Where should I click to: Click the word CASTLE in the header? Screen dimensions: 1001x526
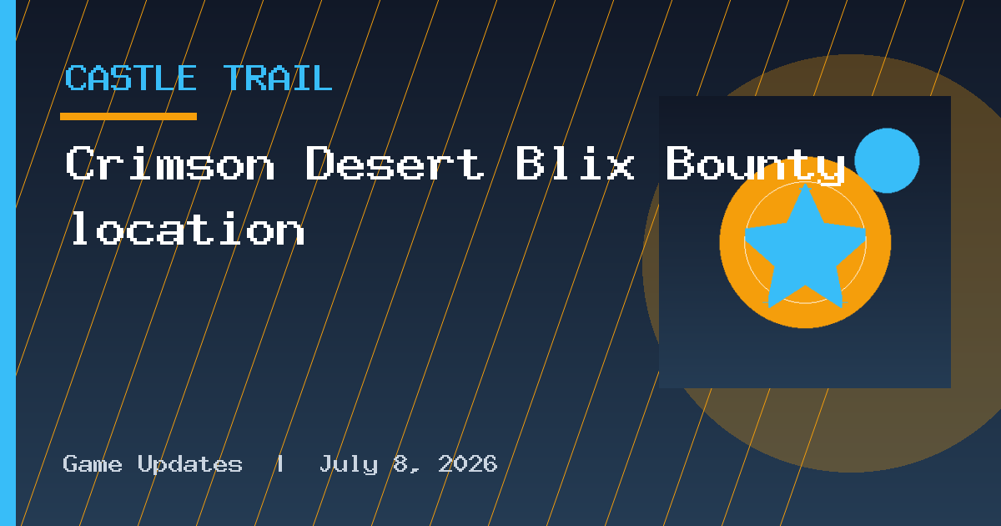130,78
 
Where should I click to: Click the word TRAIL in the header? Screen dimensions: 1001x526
278,78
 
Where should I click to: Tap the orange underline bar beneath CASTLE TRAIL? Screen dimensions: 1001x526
128,116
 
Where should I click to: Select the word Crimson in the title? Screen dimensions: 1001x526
170,164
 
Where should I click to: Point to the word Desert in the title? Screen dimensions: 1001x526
395,164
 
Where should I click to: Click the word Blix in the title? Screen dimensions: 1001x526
575,164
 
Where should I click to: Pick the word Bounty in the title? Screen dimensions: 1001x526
755,165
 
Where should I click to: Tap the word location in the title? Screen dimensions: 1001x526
188,229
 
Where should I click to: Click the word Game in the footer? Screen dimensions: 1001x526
92,464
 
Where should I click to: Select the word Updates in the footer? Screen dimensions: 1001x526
190,465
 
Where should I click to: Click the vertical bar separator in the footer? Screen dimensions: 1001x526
280,464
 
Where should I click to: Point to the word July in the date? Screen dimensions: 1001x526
349,465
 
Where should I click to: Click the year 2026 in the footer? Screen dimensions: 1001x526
467,464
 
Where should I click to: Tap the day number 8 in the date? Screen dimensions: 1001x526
400,464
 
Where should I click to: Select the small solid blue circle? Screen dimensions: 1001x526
887,160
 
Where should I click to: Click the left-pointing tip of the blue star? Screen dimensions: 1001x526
746,229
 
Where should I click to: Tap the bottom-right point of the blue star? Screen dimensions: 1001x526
842,307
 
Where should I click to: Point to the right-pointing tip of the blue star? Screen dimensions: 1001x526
866,229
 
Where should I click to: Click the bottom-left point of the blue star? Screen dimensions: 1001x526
768,307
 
